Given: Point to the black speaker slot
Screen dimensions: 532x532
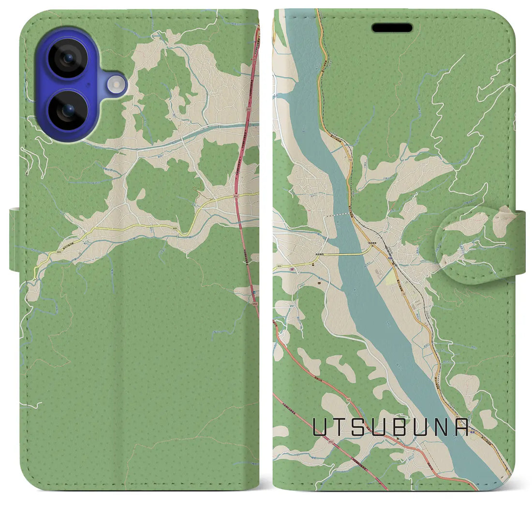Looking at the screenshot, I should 392,28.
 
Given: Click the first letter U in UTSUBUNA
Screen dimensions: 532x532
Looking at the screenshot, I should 320,427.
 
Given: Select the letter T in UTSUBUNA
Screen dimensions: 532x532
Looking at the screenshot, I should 341,427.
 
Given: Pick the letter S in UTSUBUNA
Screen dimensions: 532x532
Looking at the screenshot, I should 362,427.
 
